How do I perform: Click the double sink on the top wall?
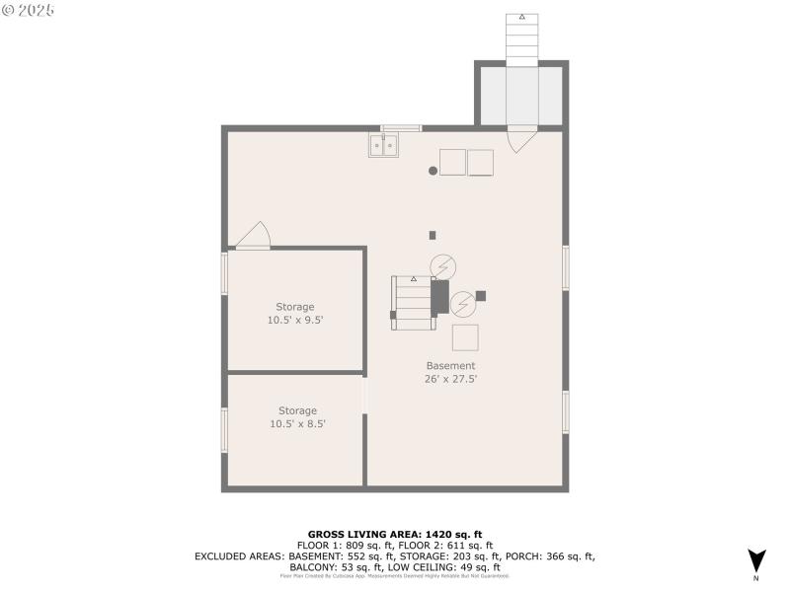[x=383, y=146]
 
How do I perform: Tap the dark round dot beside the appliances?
[x=433, y=171]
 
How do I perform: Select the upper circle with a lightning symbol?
[x=443, y=265]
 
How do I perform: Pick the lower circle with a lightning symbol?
[x=462, y=301]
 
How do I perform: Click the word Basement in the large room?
[x=450, y=366]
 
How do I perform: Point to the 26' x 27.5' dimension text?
[x=450, y=379]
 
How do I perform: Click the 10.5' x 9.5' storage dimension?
[x=296, y=320]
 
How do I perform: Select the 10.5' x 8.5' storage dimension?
[x=297, y=423]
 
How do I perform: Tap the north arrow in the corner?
[x=756, y=560]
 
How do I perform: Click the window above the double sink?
[x=401, y=127]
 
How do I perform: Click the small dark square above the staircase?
[x=433, y=235]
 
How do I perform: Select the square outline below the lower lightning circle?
[x=465, y=337]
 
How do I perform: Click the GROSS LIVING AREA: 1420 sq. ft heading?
[x=395, y=534]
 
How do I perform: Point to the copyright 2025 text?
[x=29, y=9]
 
